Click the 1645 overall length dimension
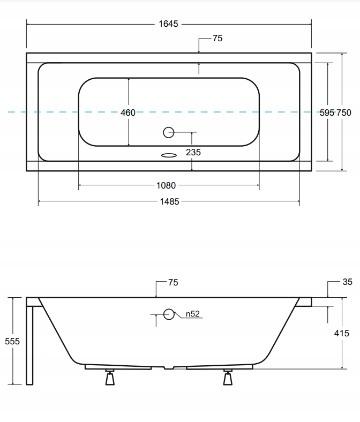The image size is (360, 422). (168, 24)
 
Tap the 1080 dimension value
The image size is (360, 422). (166, 185)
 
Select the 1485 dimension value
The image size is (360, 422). (169, 201)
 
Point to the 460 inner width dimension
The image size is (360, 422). (128, 112)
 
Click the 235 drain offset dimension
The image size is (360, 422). (193, 152)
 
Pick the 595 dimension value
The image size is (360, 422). (327, 112)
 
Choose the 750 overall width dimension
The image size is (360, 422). (344, 112)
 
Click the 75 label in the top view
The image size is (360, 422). (217, 38)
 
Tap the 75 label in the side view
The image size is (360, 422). (173, 282)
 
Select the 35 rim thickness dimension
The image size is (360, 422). (348, 282)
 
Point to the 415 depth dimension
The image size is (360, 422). (342, 333)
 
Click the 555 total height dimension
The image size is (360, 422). (12, 341)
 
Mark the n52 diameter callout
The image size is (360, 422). (192, 314)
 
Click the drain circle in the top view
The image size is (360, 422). (169, 132)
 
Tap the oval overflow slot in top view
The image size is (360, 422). (169, 155)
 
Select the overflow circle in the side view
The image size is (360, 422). (169, 314)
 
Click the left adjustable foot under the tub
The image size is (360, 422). (110, 377)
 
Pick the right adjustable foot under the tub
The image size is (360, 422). (228, 377)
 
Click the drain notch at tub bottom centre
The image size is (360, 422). (169, 367)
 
